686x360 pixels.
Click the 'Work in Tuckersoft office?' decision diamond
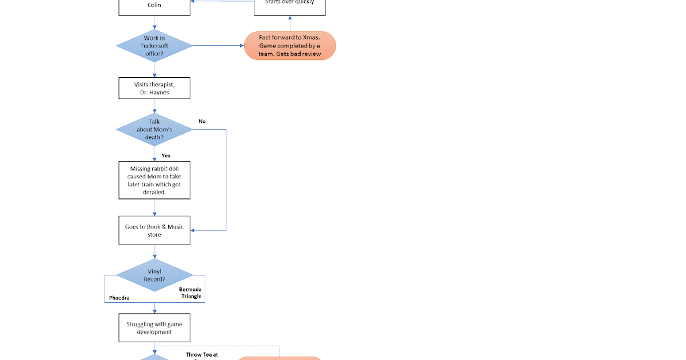[x=154, y=46]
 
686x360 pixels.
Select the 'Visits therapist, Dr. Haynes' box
[x=154, y=89]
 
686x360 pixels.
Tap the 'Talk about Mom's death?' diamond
[x=154, y=129]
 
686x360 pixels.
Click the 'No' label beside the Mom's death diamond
[x=202, y=121]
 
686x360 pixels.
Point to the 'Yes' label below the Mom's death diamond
[x=166, y=155]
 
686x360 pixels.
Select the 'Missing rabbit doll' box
[x=154, y=180]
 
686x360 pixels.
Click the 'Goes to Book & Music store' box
[x=154, y=230]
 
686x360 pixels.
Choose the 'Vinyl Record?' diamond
[x=154, y=275]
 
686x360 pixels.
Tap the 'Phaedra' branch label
[x=119, y=298]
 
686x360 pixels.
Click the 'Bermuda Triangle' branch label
[x=190, y=293]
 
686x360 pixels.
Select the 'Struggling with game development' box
[x=154, y=328]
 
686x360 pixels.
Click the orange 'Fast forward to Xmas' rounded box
[x=290, y=46]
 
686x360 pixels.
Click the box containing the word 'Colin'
[x=154, y=6]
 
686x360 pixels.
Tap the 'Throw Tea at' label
[x=202, y=354]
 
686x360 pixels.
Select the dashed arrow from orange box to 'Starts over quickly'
[x=290, y=24]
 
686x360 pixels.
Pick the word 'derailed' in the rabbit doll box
[x=154, y=193]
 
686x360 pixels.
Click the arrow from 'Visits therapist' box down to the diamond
[x=154, y=106]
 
